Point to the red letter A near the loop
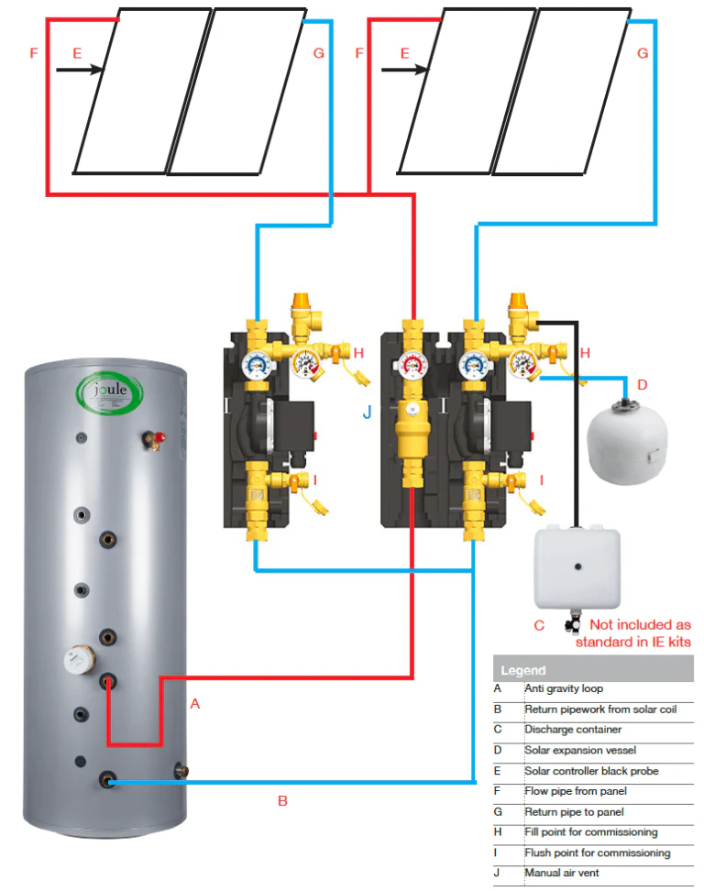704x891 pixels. (x=193, y=704)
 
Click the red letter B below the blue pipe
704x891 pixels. (x=282, y=800)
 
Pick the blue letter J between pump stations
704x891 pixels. (x=367, y=413)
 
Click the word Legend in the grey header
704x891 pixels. (x=522, y=670)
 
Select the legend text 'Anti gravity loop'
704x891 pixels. (x=564, y=688)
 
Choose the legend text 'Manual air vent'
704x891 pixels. (x=561, y=874)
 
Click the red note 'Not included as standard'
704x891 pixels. (x=632, y=633)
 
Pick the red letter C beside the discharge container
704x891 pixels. (x=539, y=625)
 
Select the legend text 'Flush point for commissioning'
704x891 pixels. (x=597, y=852)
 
